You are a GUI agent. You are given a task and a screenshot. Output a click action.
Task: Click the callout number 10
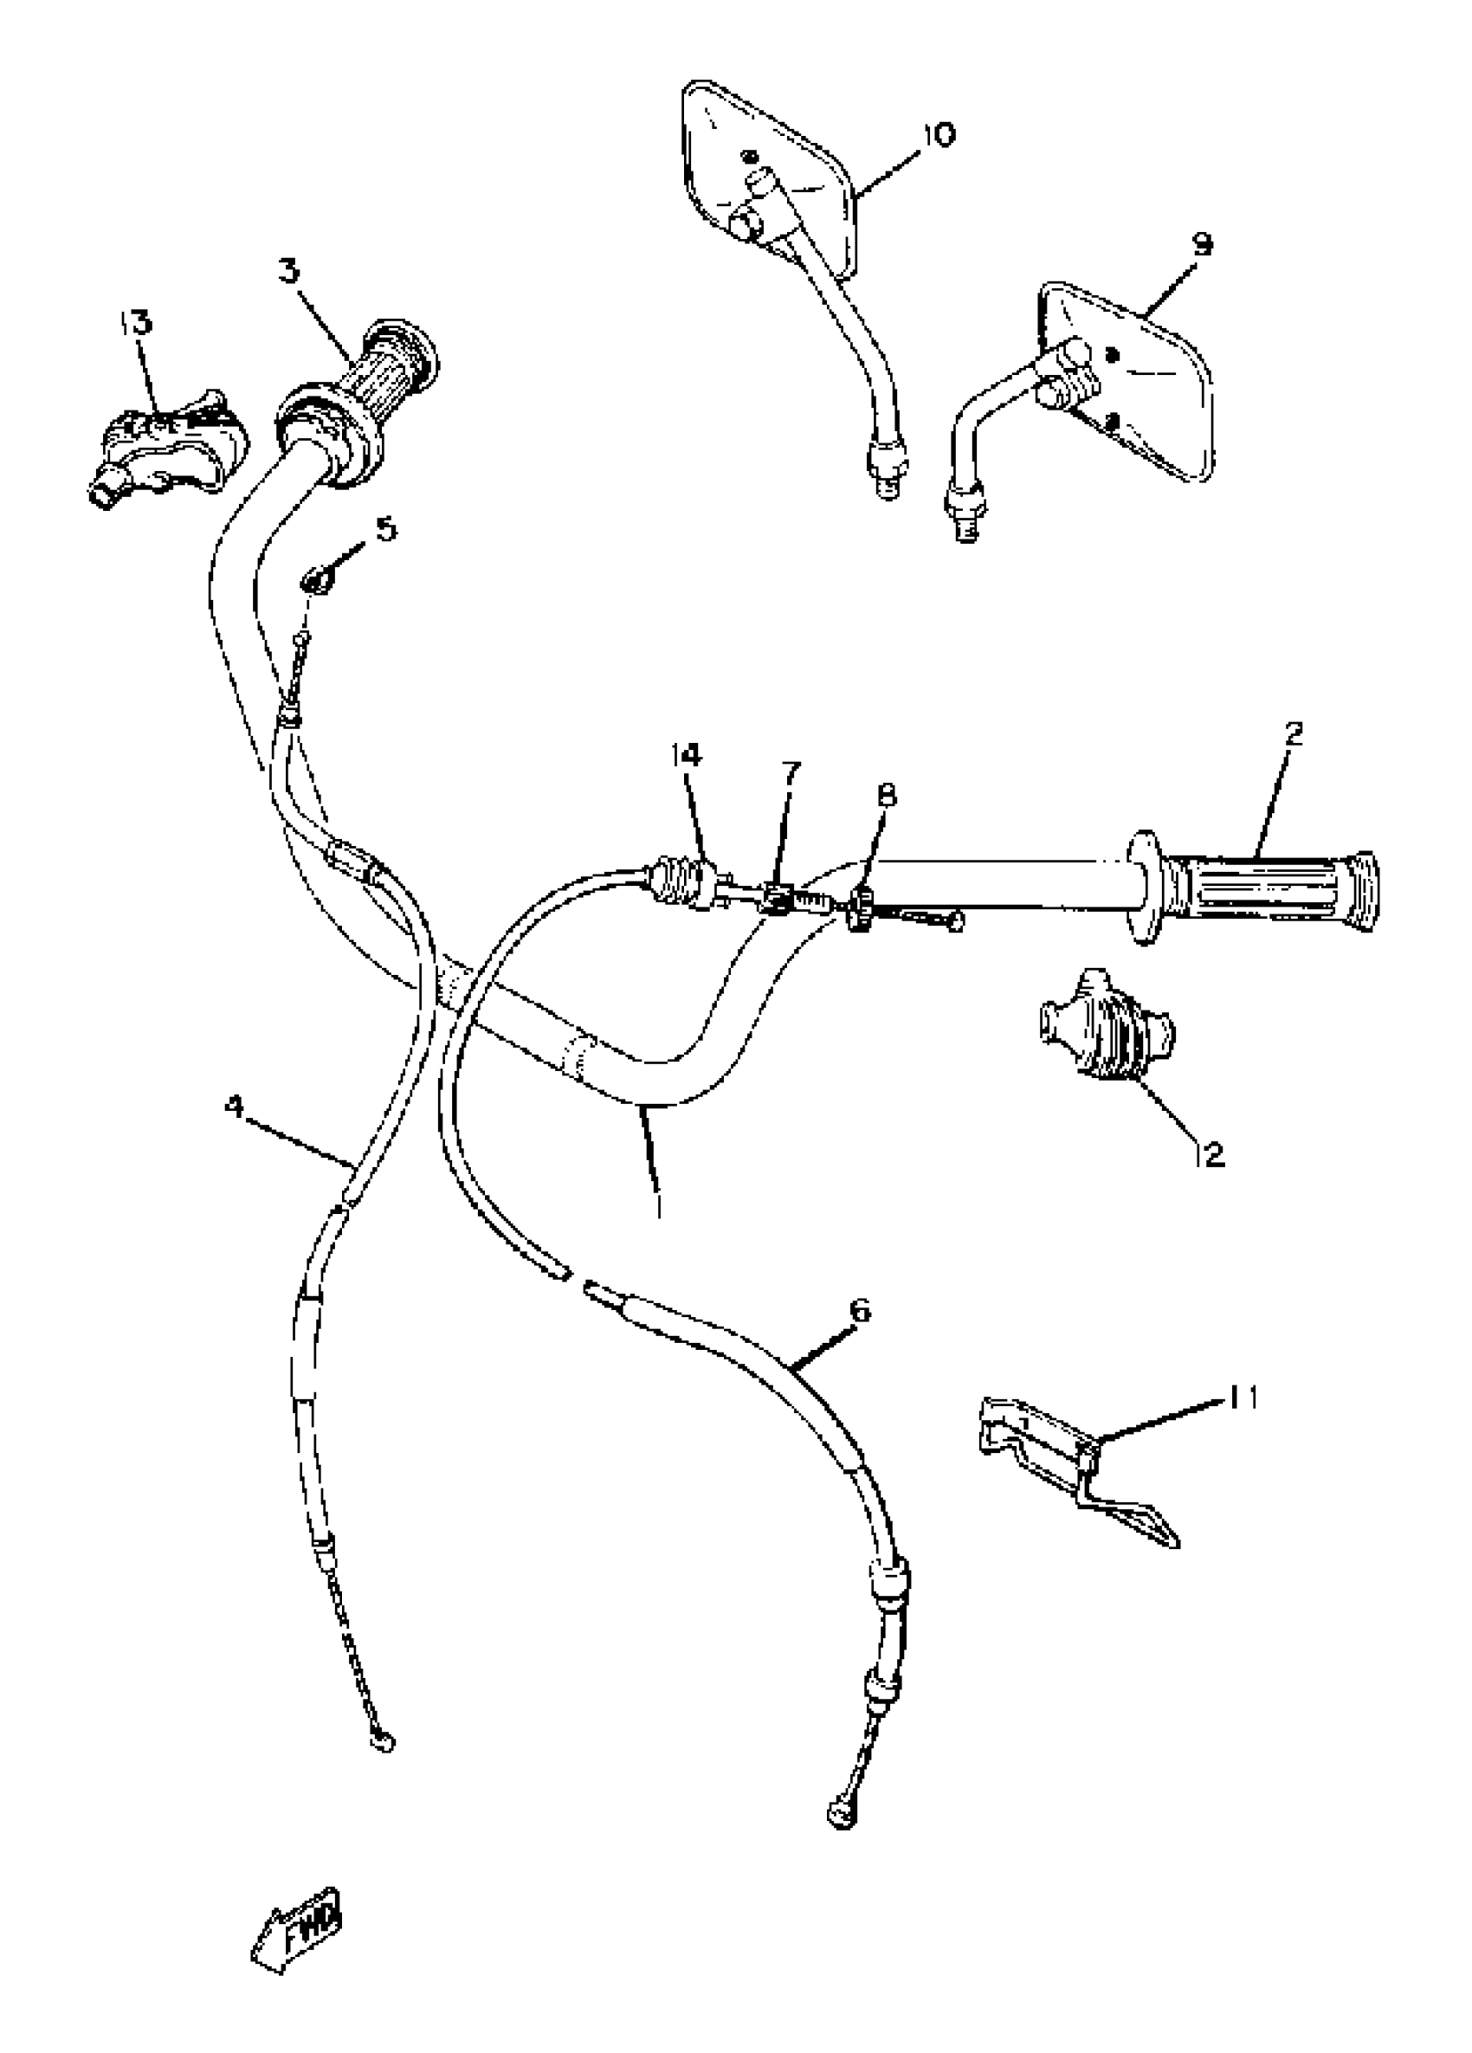[x=938, y=135]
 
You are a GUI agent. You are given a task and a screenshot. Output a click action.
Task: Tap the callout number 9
[x=1201, y=244]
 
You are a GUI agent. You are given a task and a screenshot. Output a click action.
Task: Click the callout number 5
[x=385, y=529]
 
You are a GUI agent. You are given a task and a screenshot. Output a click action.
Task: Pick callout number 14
[x=686, y=754]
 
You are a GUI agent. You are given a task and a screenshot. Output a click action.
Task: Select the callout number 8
[x=888, y=795]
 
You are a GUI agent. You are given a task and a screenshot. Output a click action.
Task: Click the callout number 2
[x=1294, y=733]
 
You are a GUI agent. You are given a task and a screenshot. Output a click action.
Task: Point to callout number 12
[x=1211, y=1153]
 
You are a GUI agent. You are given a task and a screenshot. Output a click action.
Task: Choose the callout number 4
[x=235, y=1106]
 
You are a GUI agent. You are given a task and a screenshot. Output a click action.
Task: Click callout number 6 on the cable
[x=860, y=1310]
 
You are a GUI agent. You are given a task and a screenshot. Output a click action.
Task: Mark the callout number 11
[x=1242, y=1398]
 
